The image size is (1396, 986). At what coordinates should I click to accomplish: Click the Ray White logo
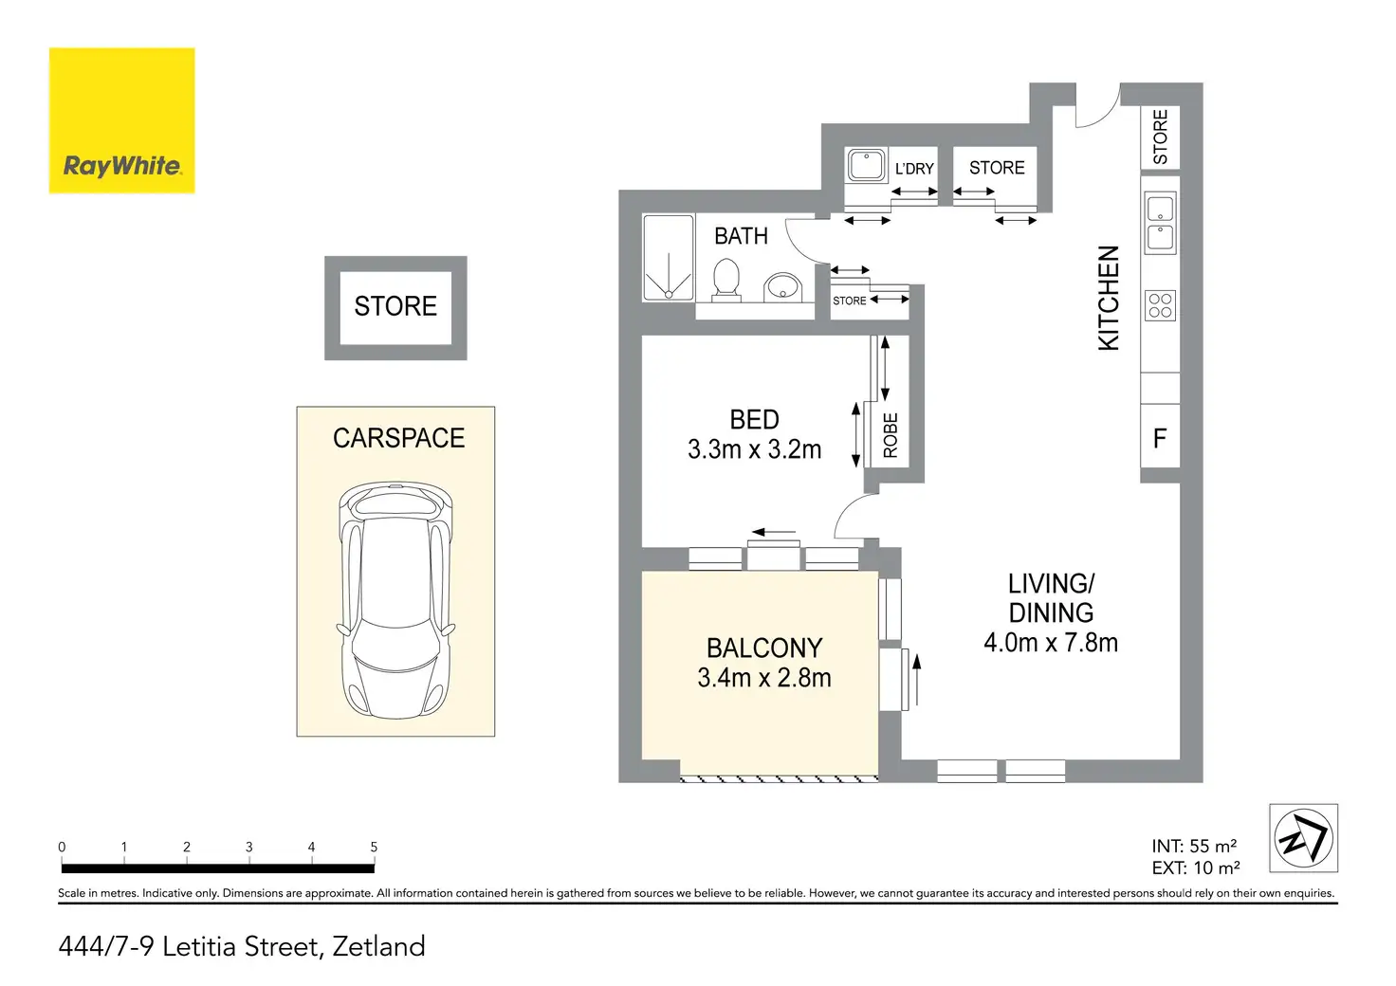[121, 120]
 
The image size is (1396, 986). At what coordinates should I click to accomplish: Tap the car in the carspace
[395, 600]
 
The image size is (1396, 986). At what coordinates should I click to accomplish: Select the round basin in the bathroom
[782, 287]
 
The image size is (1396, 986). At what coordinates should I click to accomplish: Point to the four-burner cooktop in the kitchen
[1160, 306]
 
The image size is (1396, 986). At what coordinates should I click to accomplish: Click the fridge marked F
[1160, 436]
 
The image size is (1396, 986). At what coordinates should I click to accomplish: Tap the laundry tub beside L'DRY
[866, 165]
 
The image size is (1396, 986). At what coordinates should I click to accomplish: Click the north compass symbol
[1303, 838]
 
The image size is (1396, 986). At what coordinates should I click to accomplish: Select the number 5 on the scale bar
[374, 847]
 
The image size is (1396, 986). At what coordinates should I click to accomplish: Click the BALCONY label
[764, 648]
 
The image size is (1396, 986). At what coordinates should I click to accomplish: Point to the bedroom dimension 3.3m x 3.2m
[754, 449]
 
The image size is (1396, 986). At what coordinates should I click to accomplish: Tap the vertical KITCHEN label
[1109, 298]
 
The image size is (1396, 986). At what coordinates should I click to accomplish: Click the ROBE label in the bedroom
[891, 435]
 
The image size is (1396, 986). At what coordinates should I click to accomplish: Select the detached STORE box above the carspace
[395, 308]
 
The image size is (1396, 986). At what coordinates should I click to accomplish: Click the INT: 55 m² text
[1193, 846]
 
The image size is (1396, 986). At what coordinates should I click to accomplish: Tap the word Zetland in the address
[378, 946]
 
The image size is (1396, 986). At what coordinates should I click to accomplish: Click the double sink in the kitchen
[1161, 223]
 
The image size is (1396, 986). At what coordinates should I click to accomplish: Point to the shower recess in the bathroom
[668, 258]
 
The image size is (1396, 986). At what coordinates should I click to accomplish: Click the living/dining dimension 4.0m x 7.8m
[1051, 642]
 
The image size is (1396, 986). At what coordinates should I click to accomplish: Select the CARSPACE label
[398, 438]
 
